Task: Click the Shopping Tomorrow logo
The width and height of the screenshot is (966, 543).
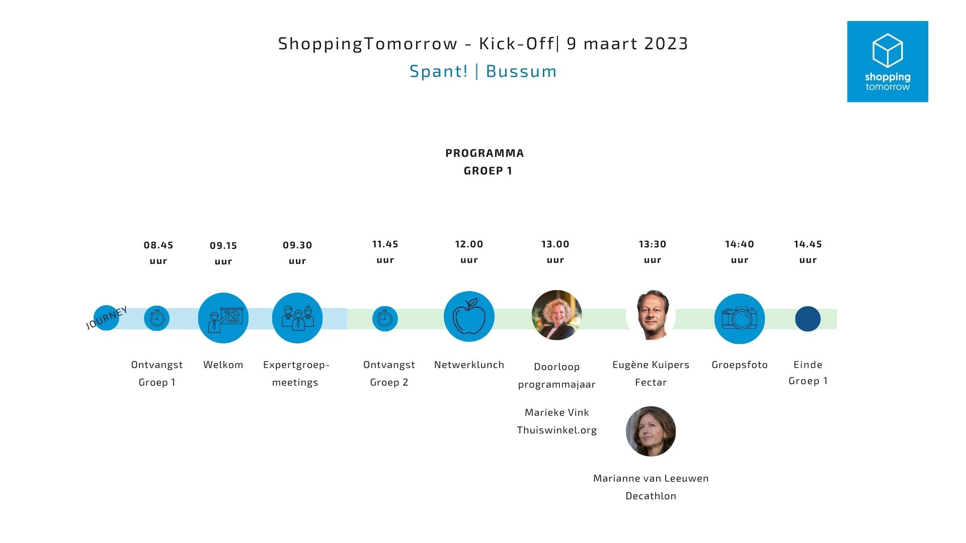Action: (x=888, y=61)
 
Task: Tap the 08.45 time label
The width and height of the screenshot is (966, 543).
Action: (x=158, y=245)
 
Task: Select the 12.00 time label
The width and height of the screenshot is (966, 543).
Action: (x=469, y=244)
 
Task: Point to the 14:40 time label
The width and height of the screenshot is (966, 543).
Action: (x=740, y=244)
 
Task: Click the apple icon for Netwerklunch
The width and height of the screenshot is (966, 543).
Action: (x=469, y=317)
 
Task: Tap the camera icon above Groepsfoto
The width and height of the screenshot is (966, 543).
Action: (x=740, y=319)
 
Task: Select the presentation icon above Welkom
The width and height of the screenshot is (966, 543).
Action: (x=223, y=318)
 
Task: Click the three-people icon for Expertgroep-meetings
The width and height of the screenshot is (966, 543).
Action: (x=297, y=318)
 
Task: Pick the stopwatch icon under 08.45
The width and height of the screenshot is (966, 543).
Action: (x=156, y=318)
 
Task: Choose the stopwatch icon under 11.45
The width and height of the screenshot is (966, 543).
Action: (x=385, y=319)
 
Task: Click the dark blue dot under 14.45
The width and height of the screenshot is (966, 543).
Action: (x=808, y=319)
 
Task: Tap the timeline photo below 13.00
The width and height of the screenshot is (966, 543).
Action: (x=557, y=315)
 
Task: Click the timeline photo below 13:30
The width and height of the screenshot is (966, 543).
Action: (x=651, y=315)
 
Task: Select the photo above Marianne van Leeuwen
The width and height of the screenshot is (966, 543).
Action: (x=651, y=431)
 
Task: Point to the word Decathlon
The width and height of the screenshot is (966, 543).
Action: (x=651, y=496)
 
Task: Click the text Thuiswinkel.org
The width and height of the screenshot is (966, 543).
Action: (x=557, y=430)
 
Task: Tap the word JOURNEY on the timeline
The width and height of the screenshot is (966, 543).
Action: (x=107, y=318)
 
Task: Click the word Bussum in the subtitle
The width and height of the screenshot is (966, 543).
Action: (x=522, y=71)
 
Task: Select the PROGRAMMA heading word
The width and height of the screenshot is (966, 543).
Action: (x=485, y=153)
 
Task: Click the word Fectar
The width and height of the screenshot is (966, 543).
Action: (x=651, y=383)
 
